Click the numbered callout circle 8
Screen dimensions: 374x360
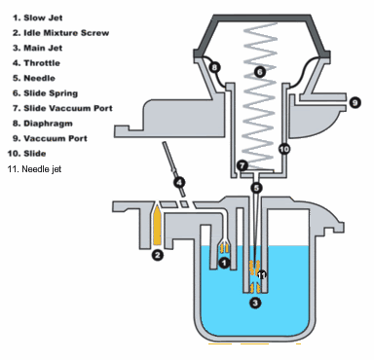(x=214, y=68)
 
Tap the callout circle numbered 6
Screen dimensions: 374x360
(x=260, y=72)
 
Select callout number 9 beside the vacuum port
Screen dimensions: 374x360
(x=355, y=103)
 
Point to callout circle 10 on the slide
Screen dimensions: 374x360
(x=284, y=149)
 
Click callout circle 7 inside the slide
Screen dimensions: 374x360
(x=243, y=165)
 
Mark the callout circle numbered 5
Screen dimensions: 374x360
(x=256, y=188)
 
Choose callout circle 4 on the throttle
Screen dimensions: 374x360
(x=179, y=182)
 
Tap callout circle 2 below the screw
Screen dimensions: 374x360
(x=158, y=255)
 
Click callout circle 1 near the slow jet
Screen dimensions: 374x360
(x=224, y=263)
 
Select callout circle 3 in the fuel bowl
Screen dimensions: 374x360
(x=255, y=303)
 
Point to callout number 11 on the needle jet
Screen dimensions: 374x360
(x=262, y=275)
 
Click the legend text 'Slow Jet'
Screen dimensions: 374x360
(x=43, y=18)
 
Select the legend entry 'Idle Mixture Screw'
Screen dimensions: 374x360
(x=66, y=33)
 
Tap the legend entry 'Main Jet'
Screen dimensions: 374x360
(x=43, y=48)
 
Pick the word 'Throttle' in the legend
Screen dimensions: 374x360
(x=42, y=63)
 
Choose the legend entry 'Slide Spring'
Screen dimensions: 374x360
(x=51, y=93)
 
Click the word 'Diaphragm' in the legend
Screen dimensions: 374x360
(x=48, y=124)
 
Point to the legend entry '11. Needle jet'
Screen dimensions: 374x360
(x=34, y=169)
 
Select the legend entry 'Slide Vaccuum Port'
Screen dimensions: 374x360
(x=68, y=108)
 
